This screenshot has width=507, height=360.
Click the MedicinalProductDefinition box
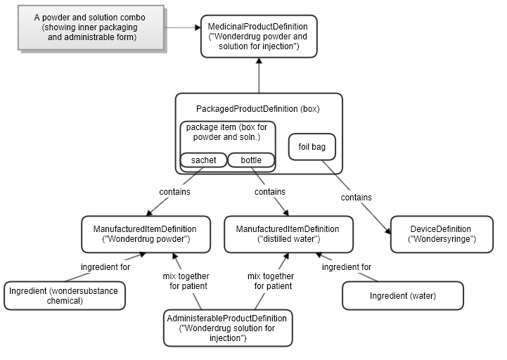click(258, 37)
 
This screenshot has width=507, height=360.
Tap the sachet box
click(203, 160)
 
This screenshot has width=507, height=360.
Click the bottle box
click(251, 160)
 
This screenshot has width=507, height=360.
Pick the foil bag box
click(313, 148)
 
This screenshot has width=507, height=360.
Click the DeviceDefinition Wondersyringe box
click(441, 234)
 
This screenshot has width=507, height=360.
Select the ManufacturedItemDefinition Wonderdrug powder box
click(144, 234)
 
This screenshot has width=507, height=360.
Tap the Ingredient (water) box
click(402, 296)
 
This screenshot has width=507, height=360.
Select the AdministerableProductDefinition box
click(228, 328)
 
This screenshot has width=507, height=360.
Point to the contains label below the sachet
click(174, 191)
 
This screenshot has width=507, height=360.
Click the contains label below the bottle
click(269, 191)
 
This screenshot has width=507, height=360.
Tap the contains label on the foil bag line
click(357, 198)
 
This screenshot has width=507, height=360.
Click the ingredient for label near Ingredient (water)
click(347, 267)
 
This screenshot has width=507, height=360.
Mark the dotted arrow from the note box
click(183, 28)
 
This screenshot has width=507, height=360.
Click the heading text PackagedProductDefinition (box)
click(257, 109)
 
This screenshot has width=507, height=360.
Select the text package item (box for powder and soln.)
click(227, 132)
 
